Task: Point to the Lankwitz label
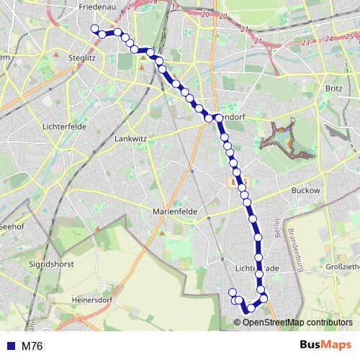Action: [131, 138]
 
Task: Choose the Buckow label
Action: [305, 190]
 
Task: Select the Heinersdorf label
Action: [90, 299]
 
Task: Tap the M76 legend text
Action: [32, 346]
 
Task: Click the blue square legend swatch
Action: [11, 346]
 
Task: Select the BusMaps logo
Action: [325, 345]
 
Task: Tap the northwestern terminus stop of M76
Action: [94, 29]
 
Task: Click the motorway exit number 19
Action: [176, 7]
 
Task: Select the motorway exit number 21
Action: [245, 30]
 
